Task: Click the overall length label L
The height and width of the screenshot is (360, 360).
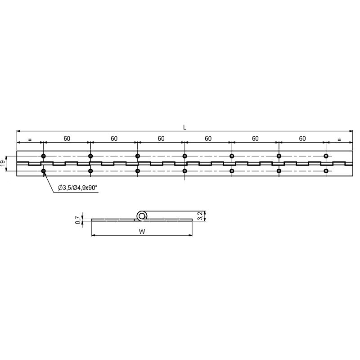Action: tap(184, 128)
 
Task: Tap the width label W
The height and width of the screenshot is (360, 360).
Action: tap(142, 231)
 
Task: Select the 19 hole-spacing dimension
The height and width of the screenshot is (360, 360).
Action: tap(3, 163)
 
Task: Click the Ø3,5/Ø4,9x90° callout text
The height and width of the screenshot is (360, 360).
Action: tap(78, 188)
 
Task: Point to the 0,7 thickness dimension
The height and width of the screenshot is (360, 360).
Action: tap(78, 220)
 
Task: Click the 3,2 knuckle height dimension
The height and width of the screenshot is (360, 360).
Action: tap(200, 216)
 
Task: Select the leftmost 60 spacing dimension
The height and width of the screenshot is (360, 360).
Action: tap(67, 139)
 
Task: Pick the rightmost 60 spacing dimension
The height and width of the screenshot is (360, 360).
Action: tap(302, 139)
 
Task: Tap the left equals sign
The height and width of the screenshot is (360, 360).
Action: tap(30, 139)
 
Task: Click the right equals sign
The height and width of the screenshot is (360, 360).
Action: tap(339, 139)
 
